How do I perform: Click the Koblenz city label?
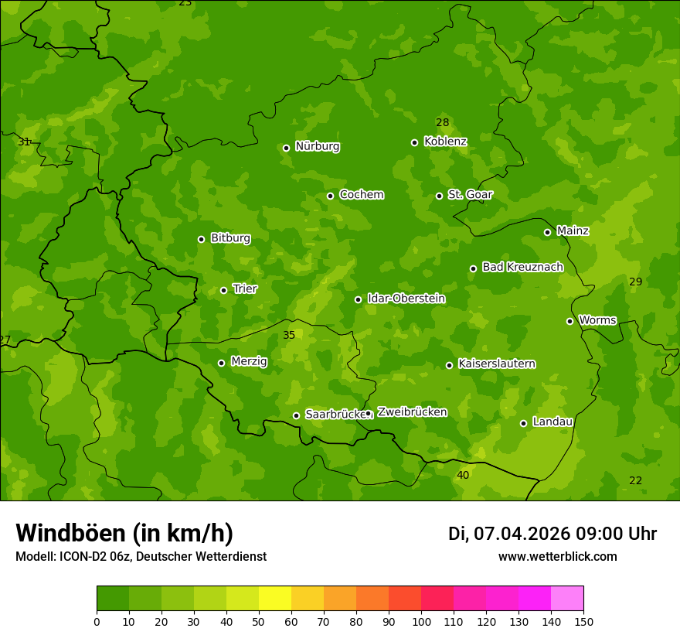[x=445, y=142]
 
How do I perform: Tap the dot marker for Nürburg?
[x=286, y=148]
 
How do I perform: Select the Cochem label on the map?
[x=361, y=195]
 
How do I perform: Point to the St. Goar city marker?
[x=439, y=196]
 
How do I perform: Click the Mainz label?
[x=573, y=231]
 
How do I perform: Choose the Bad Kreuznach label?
[x=522, y=268]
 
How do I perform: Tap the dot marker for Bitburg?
[x=201, y=239]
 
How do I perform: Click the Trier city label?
[x=245, y=289]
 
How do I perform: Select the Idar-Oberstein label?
[x=406, y=299]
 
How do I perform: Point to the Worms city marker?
[x=569, y=321]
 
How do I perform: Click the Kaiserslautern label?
[x=496, y=364]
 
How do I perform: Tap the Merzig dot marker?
[x=221, y=363]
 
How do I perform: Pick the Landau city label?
[x=552, y=422]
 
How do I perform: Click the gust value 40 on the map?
[x=462, y=475]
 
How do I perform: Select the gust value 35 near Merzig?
[x=288, y=336]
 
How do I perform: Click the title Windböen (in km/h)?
[x=124, y=533]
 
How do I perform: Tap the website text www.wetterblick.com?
[x=557, y=557]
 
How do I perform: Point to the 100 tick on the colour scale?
[x=421, y=621]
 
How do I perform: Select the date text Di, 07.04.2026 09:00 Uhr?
[x=552, y=534]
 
